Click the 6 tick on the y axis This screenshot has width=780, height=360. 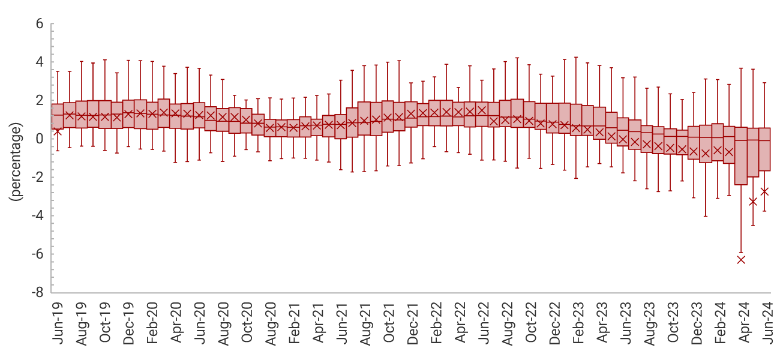point(40,24)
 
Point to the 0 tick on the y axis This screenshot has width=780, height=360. point(40,139)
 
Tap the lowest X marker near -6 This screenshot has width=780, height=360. point(741,259)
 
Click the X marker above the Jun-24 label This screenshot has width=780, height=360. point(764,191)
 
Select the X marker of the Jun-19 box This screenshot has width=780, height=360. point(58,131)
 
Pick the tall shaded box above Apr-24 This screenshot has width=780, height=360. point(741,156)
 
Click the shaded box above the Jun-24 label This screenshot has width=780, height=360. point(764,149)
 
